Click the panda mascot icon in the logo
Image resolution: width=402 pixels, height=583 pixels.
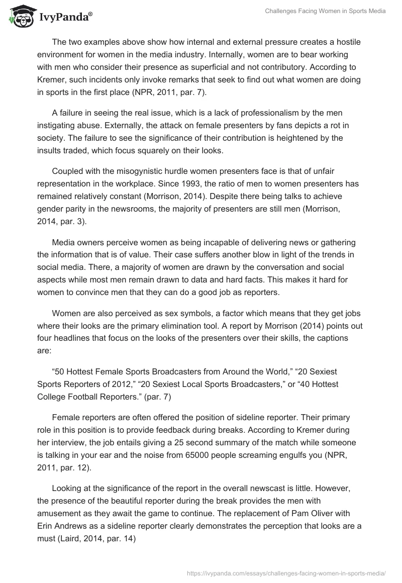[19, 17]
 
